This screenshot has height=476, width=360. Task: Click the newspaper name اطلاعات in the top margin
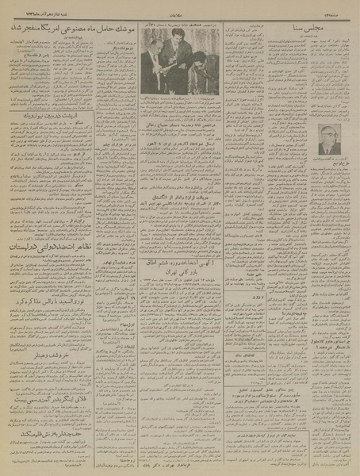click(182, 7)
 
